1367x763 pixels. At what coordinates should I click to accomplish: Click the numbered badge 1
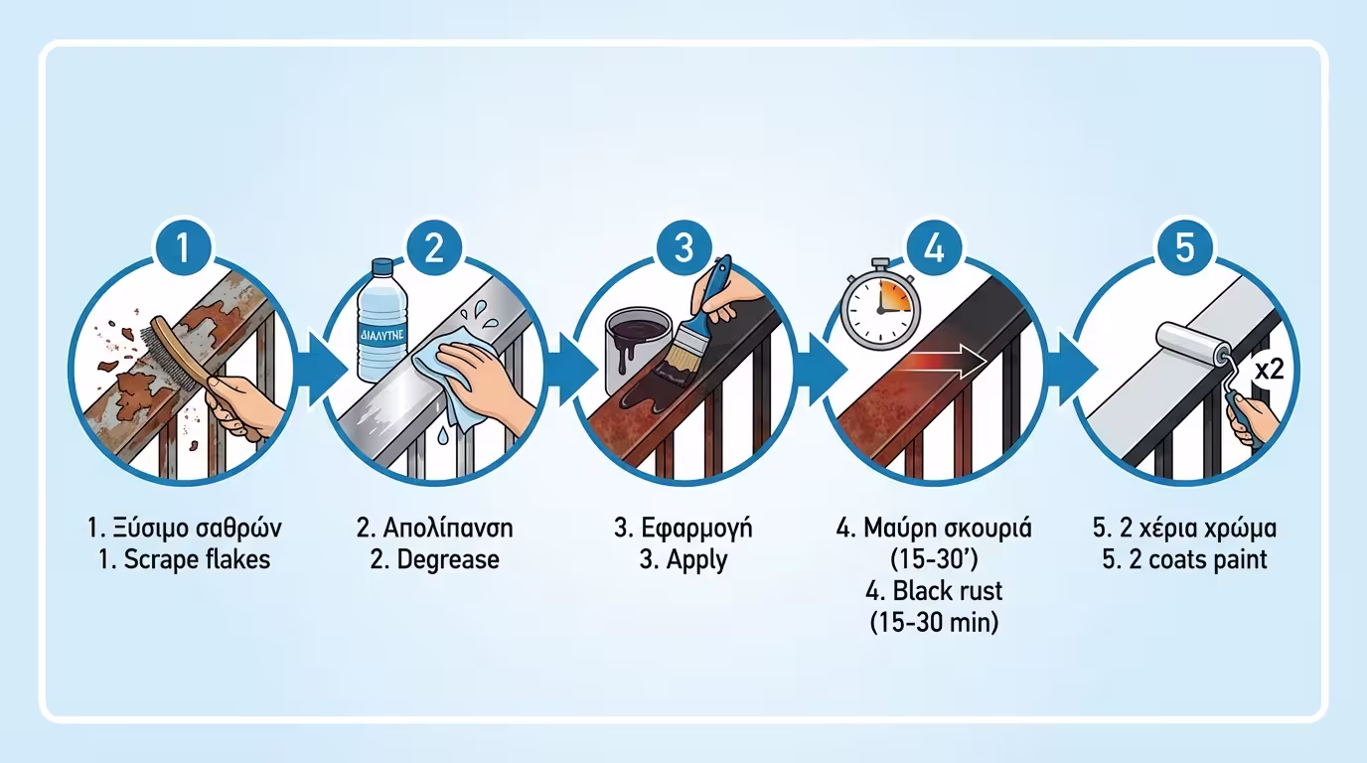tap(183, 247)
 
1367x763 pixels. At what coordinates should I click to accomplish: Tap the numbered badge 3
tap(684, 247)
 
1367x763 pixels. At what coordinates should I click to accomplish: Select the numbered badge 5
tap(1184, 247)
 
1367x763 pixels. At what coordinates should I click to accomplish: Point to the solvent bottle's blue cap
tap(382, 266)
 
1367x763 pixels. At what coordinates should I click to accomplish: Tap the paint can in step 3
tap(639, 349)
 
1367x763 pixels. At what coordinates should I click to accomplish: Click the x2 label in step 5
tap(1270, 370)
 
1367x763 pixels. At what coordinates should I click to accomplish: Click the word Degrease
tap(448, 559)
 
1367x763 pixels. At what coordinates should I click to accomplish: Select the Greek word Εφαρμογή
tap(697, 529)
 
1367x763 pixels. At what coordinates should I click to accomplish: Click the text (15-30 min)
tap(934, 623)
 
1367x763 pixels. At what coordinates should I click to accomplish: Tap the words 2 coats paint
tap(1198, 559)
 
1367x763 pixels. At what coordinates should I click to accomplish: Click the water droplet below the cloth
tap(442, 434)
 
